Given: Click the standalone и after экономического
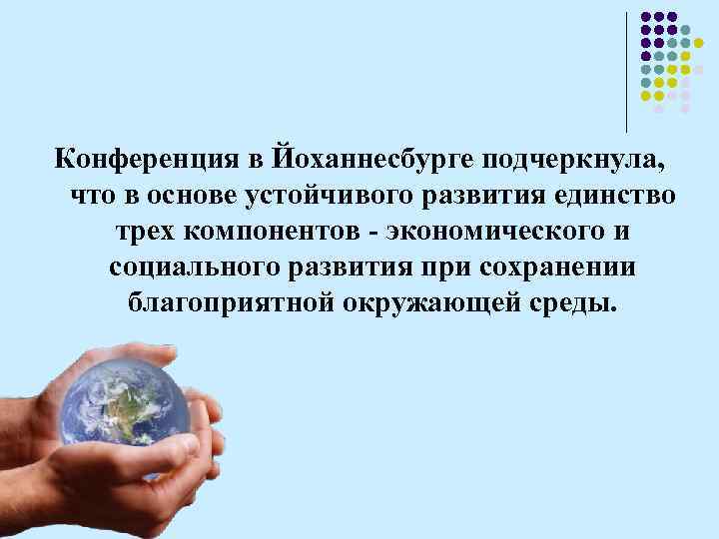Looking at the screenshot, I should (623, 232).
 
